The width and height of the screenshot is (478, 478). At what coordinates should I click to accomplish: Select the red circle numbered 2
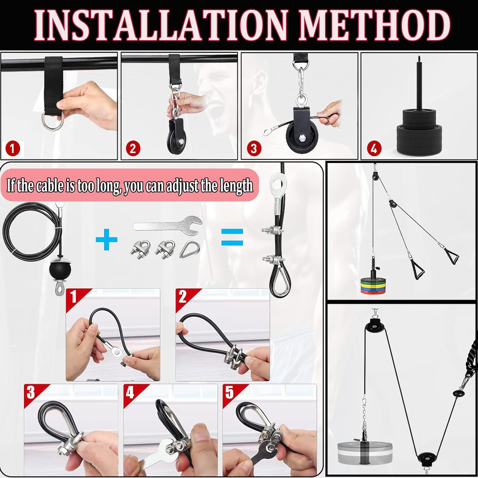[x=133, y=149]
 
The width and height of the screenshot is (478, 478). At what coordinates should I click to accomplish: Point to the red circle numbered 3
[x=254, y=148]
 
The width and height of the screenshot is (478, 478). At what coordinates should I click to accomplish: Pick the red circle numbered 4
[x=374, y=148]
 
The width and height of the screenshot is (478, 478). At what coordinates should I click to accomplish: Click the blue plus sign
[x=106, y=239]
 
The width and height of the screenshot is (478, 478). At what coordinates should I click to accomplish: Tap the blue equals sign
[x=232, y=237]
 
